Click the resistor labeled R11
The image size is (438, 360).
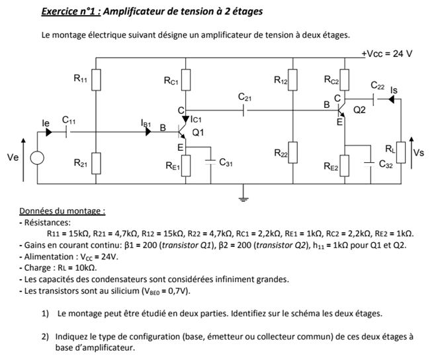point(97,80)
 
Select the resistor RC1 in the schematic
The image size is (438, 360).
point(186,80)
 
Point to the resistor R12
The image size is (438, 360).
point(293,80)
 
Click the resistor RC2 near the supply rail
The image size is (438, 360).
point(343,80)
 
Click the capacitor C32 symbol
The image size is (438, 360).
point(371,161)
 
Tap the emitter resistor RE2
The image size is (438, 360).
point(343,165)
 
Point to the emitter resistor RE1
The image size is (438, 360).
point(186,164)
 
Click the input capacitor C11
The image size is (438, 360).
point(67,132)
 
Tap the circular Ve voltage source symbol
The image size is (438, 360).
point(38,158)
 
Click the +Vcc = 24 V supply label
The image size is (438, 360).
point(387,54)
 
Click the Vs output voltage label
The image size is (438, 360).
point(418,153)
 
